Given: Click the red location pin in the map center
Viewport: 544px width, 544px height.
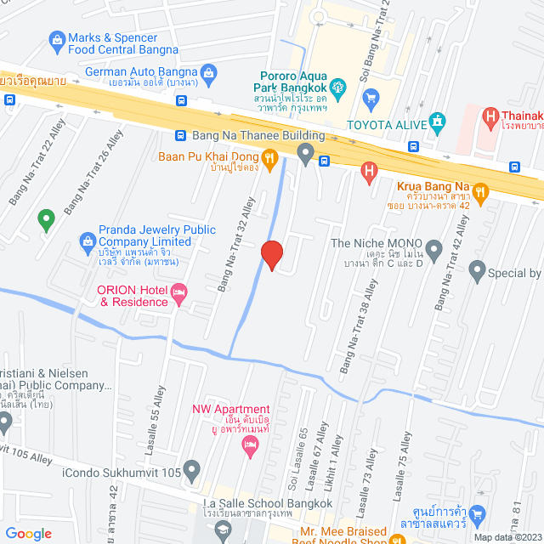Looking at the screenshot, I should click(x=271, y=254).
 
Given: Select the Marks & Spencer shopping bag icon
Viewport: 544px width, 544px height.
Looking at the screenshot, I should click(x=57, y=38).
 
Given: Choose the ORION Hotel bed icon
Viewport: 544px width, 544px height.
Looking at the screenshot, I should click(x=178, y=295).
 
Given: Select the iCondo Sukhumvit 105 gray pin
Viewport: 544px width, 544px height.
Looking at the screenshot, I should click(x=193, y=468).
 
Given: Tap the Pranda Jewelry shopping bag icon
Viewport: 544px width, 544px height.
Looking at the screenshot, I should click(x=87, y=241).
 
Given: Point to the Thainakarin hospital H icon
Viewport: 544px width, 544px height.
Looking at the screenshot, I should click(x=490, y=115).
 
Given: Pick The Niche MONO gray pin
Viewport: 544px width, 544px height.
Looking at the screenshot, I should click(x=433, y=250).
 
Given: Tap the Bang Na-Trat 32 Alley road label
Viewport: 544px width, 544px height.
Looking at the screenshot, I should click(x=237, y=246).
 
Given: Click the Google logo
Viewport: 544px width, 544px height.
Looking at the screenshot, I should click(x=28, y=534).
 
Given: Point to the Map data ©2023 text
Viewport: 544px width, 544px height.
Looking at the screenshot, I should click(x=507, y=536).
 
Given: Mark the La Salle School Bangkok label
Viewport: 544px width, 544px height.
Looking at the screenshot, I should click(x=268, y=504).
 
